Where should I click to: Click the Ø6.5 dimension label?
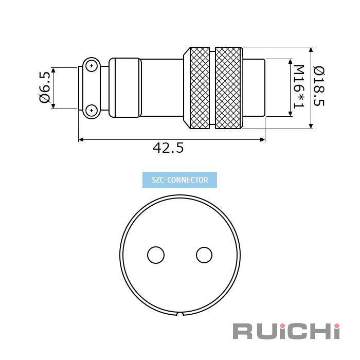(45, 87)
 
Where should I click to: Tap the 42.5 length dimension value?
(168, 148)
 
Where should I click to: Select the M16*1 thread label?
(299, 86)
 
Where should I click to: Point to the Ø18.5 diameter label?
(319, 86)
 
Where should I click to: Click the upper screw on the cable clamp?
(92, 66)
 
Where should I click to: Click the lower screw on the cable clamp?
(92, 111)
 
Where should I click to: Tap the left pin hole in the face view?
(156, 255)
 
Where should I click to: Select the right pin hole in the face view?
(204, 255)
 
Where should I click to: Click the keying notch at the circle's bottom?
(181, 314)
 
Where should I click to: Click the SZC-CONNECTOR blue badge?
(179, 180)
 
